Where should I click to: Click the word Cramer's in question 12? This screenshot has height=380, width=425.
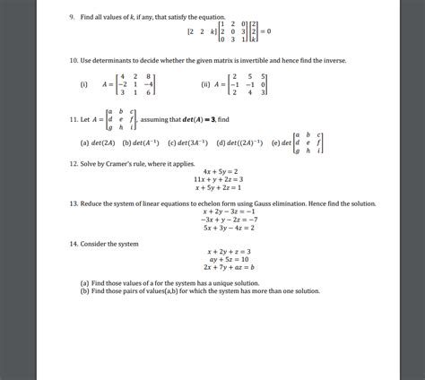pyautogui.click(x=118, y=165)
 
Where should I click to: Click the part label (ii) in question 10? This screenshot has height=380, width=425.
pyautogui.click(x=207, y=86)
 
